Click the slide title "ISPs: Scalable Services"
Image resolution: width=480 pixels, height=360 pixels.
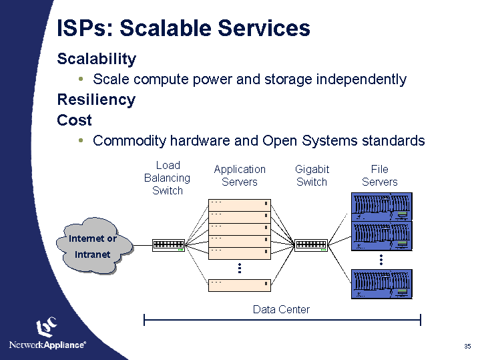point(184,28)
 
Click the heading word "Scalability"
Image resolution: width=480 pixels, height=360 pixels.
point(97,59)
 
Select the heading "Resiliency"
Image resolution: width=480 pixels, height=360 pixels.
point(96,100)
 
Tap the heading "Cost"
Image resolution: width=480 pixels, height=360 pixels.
point(75,120)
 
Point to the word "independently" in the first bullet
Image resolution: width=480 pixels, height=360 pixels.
point(361,79)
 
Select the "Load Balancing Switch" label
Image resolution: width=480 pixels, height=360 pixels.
point(168,178)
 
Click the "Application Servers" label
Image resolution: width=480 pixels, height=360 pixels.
point(240,176)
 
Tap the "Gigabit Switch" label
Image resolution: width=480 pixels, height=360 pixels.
point(312,176)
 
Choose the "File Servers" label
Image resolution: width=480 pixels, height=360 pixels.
point(379,176)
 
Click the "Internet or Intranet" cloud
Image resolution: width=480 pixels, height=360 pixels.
point(93,246)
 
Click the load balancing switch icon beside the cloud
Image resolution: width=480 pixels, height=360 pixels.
point(168,245)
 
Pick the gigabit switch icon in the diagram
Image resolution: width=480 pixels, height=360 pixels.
point(311,245)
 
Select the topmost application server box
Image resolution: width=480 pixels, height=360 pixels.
point(239,204)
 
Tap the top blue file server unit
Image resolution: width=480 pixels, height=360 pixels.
point(382,206)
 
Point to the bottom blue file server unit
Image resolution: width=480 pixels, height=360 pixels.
point(382,284)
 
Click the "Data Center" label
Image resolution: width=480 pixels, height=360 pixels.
point(281,309)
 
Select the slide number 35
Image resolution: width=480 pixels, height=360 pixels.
point(467,346)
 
